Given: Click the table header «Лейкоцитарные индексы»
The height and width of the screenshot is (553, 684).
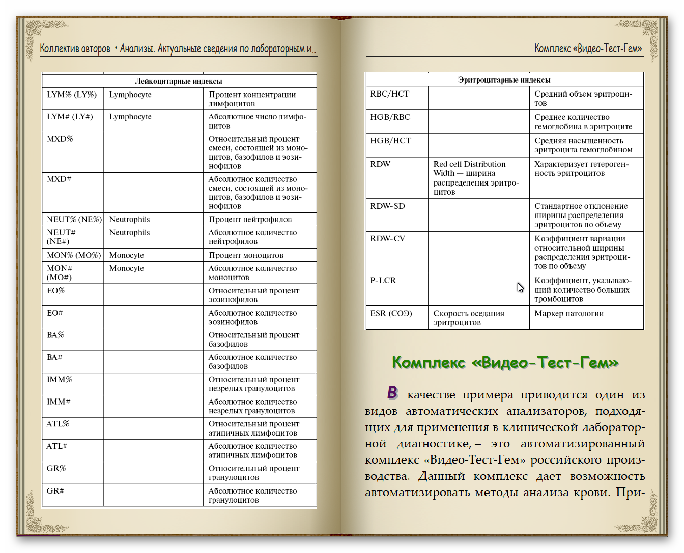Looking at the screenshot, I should coord(178,81).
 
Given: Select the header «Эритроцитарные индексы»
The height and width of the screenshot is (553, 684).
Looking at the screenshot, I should coord(504,80).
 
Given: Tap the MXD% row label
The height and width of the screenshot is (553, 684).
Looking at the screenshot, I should coord(60,139).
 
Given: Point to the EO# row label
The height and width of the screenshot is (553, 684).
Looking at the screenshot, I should coord(55,313).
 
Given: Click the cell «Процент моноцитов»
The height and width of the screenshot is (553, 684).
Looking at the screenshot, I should coord(246,255).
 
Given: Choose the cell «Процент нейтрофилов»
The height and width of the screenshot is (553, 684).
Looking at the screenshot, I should coord(250,219).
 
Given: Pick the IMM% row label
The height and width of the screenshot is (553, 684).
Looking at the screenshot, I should coord(60,379).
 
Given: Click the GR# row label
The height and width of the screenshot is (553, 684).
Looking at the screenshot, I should coord(55,490).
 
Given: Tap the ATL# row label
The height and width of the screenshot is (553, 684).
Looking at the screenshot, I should coord(57,446).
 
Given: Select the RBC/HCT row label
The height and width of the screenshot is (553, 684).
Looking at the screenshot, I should coord(389,94).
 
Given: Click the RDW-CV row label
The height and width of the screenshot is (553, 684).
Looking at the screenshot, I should coord(387,238).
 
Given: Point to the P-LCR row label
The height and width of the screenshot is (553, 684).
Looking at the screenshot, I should coord(383,280).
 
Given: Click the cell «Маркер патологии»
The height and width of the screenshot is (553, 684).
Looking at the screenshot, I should coord(569,313).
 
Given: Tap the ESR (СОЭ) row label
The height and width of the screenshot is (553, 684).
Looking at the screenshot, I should coord(391,313).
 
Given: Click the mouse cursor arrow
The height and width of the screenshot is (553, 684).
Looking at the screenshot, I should coord(520,287).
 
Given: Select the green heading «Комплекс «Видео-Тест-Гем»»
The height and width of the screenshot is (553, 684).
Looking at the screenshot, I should coord(505,363).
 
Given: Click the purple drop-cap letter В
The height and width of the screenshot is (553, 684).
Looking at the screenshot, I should coord(392,392).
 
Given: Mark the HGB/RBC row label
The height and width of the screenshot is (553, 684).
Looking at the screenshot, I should coord(390,117).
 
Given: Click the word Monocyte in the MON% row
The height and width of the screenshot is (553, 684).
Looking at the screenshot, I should coord(126,255).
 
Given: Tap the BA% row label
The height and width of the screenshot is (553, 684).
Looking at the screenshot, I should coord(55,335).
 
